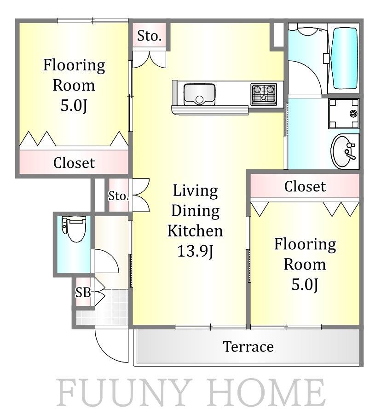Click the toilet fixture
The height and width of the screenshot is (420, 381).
click(x=74, y=229)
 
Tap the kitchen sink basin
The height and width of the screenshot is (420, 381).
click(x=199, y=94)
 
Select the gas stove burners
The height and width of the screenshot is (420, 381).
click(x=264, y=94)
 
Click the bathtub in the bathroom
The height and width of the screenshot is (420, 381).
click(x=345, y=59)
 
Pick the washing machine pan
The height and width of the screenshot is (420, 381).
click(x=344, y=114)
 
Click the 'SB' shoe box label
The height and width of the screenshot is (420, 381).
click(x=83, y=293)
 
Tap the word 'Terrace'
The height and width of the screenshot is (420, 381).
click(x=248, y=346)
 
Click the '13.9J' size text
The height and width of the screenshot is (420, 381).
click(x=196, y=251)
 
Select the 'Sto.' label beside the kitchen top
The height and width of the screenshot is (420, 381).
click(x=149, y=36)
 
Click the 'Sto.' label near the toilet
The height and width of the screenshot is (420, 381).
click(x=119, y=196)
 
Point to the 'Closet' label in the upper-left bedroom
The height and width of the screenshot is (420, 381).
click(x=74, y=162)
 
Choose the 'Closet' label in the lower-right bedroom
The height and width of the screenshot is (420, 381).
click(x=305, y=186)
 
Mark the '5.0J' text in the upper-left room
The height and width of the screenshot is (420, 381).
click(x=74, y=105)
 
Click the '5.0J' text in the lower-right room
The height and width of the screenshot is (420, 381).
click(x=305, y=284)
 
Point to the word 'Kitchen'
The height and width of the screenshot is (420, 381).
click(x=195, y=231)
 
